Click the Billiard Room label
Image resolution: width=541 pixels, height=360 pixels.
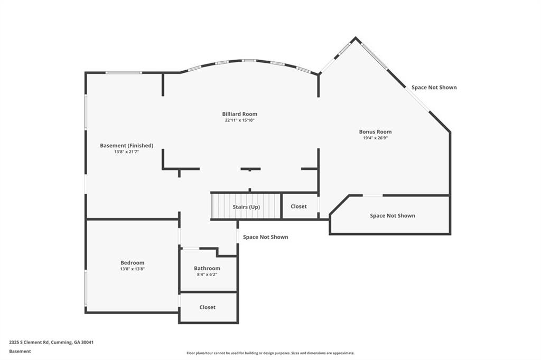pos(239,114)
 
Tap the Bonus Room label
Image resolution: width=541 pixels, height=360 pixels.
pos(375,132)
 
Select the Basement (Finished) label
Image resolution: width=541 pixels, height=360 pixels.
pos(126,146)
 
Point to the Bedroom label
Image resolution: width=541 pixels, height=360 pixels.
pos(132,263)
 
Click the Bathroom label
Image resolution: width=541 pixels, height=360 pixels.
pos(207,268)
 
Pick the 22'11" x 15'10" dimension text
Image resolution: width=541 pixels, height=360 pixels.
pos(239,120)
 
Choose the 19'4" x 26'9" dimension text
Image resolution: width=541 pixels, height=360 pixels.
pos(375,138)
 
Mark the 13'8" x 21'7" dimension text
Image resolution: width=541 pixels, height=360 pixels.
pos(126,152)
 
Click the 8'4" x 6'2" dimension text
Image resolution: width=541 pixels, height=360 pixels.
pos(207,274)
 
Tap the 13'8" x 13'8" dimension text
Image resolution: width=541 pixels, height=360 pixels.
pos(132,269)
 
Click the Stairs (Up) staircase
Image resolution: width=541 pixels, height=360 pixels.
pos(246,206)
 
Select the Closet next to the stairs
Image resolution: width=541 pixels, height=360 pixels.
pos(299,206)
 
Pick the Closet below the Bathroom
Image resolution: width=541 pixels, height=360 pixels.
pos(207,307)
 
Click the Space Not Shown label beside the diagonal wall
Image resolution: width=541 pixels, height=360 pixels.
pos(434,88)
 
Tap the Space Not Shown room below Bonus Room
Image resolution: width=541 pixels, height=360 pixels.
pos(392,215)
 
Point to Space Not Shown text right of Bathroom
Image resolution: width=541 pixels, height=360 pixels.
pos(265,237)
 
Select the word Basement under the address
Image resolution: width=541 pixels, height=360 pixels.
pos(20,351)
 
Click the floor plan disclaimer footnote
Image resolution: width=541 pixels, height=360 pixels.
pos(270,353)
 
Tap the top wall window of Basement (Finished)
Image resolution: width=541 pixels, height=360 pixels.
pos(124,72)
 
